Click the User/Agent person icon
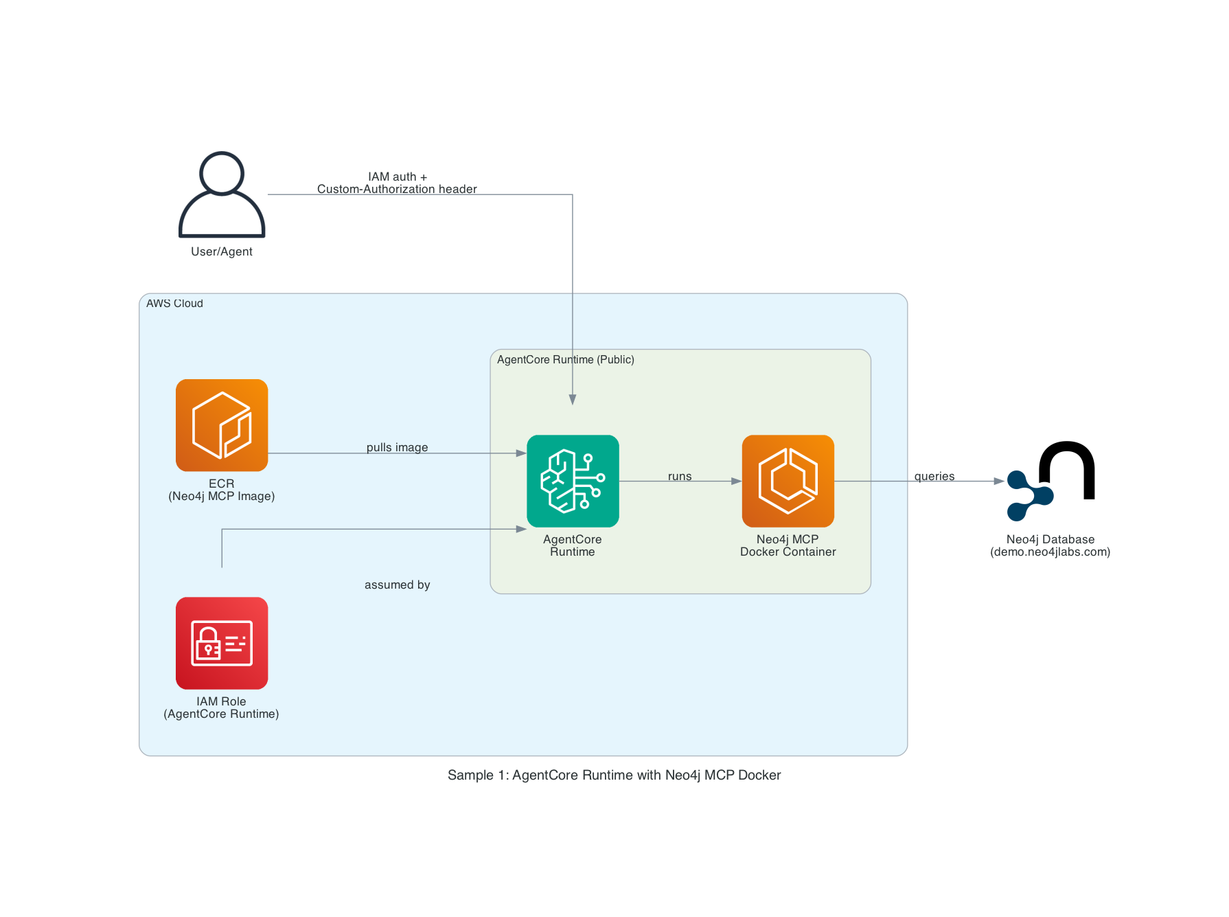[222, 195]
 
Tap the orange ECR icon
[222, 425]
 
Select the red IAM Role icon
[222, 643]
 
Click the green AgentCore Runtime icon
[573, 481]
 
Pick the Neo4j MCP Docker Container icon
[788, 481]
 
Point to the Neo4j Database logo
[1050, 481]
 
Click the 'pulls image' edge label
[397, 448]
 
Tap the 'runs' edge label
[680, 477]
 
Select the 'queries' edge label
[934, 477]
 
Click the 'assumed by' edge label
[397, 585]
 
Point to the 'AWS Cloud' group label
[174, 304]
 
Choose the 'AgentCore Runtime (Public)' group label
[565, 360]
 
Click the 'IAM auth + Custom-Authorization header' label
[397, 183]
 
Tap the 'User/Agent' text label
[222, 252]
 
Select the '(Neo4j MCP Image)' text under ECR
[222, 497]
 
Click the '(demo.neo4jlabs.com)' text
[1050, 552]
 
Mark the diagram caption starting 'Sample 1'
[614, 776]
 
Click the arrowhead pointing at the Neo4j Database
[1000, 482]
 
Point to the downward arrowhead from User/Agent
[573, 400]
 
